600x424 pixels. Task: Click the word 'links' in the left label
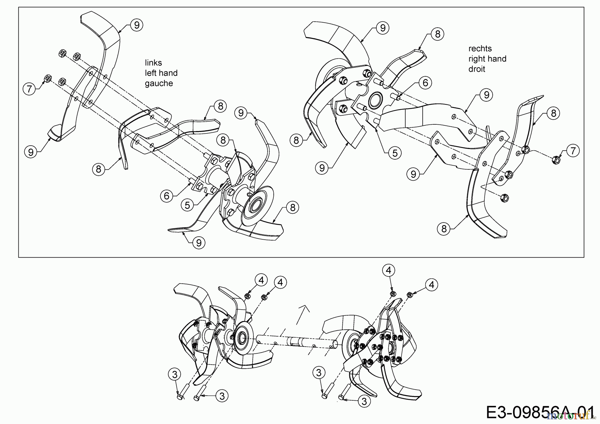(153, 63)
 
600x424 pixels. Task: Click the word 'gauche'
(159, 83)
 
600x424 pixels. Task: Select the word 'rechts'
(480, 49)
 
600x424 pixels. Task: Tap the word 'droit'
(477, 69)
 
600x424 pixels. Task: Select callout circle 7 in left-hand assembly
(29, 89)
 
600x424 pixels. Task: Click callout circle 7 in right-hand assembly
(573, 151)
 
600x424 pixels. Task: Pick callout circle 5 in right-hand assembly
(395, 153)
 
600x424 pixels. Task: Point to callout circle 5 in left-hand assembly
(187, 205)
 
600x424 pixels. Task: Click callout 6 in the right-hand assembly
(425, 82)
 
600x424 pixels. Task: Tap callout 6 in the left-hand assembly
(167, 196)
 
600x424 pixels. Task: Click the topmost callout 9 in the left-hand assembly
(137, 25)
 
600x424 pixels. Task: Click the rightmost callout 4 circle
(432, 285)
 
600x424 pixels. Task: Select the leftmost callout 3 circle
(174, 374)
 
